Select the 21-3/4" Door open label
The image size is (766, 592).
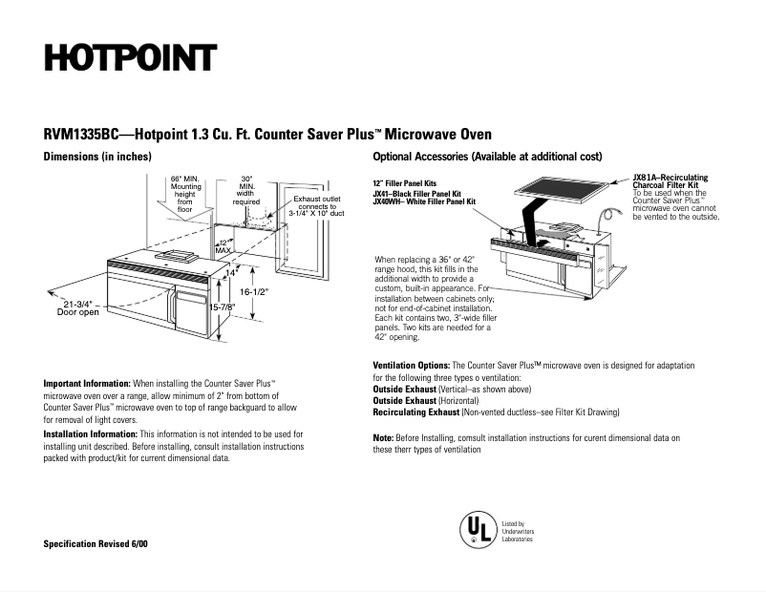tap(77, 307)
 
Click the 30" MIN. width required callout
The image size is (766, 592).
tap(246, 190)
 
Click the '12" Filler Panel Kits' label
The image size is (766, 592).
tap(405, 182)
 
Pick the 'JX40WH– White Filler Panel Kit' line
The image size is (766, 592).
tap(423, 201)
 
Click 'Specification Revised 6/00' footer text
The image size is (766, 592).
tap(96, 543)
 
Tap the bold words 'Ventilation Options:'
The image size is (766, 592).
tap(411, 366)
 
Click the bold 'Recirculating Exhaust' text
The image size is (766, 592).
tap(415, 412)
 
